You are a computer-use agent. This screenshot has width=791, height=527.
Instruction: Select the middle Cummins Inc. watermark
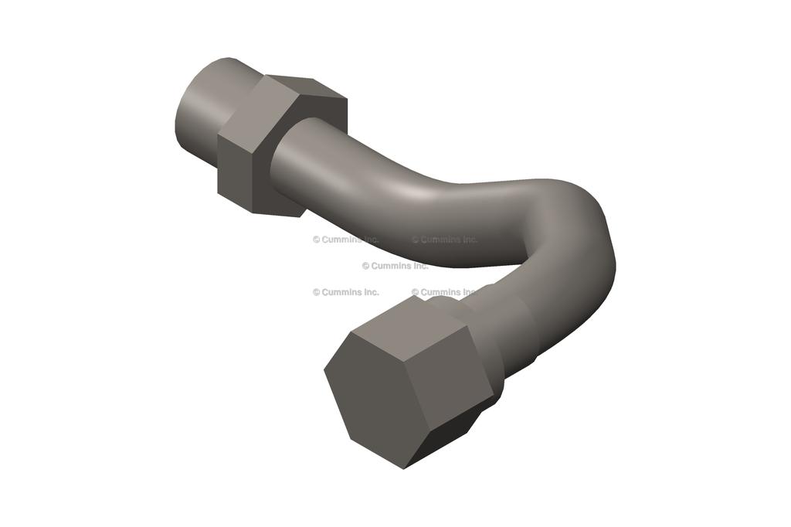tap(395, 266)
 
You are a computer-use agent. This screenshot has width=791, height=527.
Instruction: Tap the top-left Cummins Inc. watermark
tap(345, 240)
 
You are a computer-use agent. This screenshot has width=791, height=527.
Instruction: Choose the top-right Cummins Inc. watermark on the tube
tap(444, 240)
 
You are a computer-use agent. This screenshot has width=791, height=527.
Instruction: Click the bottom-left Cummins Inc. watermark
tap(345, 292)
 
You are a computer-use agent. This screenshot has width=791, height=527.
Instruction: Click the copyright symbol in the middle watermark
tap(365, 266)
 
